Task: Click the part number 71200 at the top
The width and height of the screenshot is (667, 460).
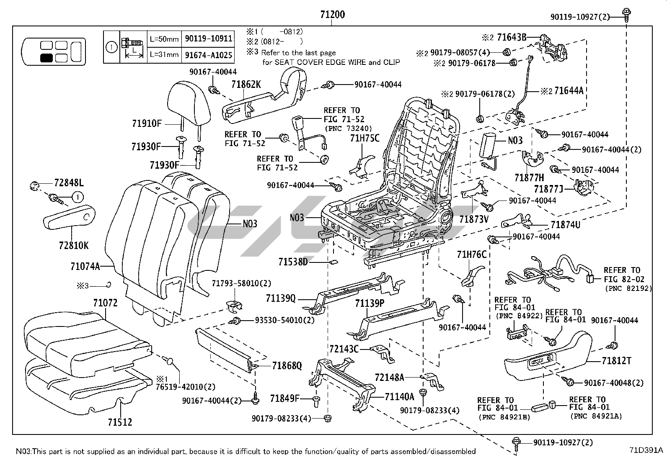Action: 332,15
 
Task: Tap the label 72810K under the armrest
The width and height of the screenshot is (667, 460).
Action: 74,245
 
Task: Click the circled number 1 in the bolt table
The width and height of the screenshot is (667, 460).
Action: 111,47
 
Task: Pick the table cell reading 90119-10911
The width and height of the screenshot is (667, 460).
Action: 208,39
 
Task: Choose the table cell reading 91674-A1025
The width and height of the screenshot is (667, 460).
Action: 208,54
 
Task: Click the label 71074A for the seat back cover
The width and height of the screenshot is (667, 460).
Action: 85,266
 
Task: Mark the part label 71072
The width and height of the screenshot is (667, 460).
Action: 105,303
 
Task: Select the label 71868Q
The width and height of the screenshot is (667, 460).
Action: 287,366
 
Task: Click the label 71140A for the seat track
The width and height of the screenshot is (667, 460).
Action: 399,396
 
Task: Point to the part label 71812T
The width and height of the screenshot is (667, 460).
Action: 616,360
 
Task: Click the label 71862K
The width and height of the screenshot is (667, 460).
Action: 246,85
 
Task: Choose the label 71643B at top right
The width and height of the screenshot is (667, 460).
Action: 511,37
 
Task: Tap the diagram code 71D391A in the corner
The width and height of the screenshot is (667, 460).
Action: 646,450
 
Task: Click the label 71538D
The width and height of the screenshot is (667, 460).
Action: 293,262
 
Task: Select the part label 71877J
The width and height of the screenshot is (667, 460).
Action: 548,189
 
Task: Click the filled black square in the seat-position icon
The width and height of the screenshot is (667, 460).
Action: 47,58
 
